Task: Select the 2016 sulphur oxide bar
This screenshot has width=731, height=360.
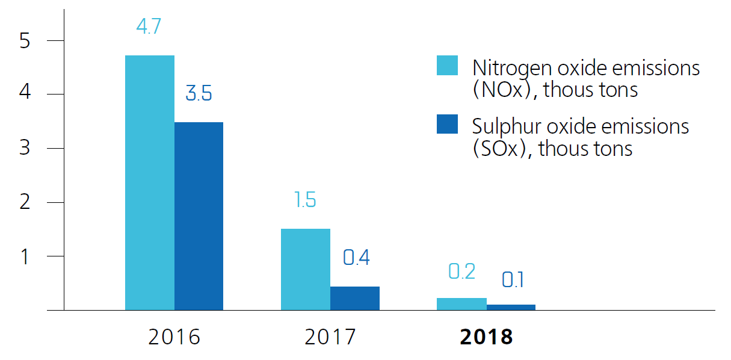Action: coord(199,216)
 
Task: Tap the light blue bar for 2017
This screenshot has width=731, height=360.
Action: coord(306,269)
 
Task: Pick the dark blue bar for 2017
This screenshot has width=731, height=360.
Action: coord(355,298)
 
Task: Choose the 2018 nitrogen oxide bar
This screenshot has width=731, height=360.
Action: coord(461,304)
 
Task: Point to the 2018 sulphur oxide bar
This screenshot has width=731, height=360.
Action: coord(511,307)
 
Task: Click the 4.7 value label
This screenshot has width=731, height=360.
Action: coord(149,28)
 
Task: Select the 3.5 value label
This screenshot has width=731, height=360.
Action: coord(199,94)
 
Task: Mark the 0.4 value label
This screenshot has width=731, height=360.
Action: coord(356,258)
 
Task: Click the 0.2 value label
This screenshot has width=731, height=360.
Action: coord(462,272)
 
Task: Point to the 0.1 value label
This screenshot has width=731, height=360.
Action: coord(512,279)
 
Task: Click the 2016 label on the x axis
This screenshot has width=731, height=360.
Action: coord(174,337)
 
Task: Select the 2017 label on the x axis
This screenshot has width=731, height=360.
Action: coord(330,337)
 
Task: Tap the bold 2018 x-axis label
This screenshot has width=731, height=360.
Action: coord(486,337)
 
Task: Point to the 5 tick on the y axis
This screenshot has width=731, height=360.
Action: coord(24,41)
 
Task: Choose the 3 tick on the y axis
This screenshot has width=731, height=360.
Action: coord(24,148)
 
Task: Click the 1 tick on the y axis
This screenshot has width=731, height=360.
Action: coord(25,256)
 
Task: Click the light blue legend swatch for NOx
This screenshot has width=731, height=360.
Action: coord(447,66)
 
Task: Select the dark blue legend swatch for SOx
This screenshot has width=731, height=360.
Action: coord(447,124)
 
